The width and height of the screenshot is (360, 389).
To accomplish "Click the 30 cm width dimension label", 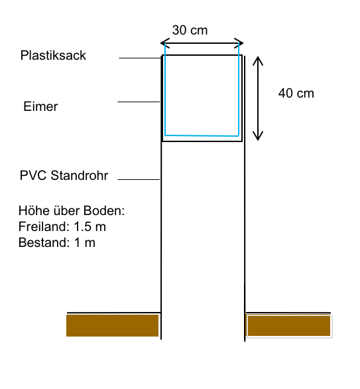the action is [x=190, y=31].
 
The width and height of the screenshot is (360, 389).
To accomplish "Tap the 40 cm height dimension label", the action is [x=296, y=94].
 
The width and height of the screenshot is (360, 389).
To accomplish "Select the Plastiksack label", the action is [x=53, y=55].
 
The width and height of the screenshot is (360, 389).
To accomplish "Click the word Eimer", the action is [x=40, y=106].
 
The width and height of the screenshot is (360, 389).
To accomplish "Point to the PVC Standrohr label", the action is [x=64, y=175].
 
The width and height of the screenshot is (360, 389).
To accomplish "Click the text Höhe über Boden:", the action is [x=72, y=210].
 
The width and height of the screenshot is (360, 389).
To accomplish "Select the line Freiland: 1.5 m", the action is [x=62, y=226].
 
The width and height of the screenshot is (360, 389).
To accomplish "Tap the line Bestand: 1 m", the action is [x=57, y=242].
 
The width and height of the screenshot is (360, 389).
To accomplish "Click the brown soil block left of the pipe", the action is [x=113, y=325].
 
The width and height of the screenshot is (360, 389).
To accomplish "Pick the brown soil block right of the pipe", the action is [x=289, y=325].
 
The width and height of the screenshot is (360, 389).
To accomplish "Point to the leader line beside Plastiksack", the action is [x=141, y=58].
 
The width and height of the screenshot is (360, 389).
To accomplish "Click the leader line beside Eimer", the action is [x=139, y=102].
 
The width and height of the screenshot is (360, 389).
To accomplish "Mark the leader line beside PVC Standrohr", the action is [x=139, y=179].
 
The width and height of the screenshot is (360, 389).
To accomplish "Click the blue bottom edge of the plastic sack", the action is [x=202, y=135].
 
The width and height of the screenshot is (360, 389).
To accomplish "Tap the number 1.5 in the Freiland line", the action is [x=82, y=226].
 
